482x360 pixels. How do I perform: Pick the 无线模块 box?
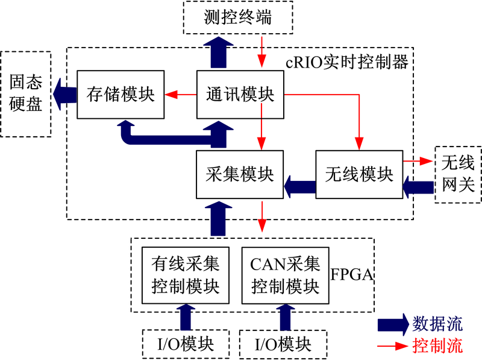point(359,174)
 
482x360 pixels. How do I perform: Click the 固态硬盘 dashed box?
point(26,94)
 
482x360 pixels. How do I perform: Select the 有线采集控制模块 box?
point(186,275)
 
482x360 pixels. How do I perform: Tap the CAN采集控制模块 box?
point(285,275)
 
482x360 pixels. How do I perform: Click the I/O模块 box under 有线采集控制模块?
point(186,344)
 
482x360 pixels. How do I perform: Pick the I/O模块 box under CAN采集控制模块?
point(284,344)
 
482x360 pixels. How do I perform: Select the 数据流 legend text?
point(437,324)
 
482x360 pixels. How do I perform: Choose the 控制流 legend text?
point(437,346)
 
